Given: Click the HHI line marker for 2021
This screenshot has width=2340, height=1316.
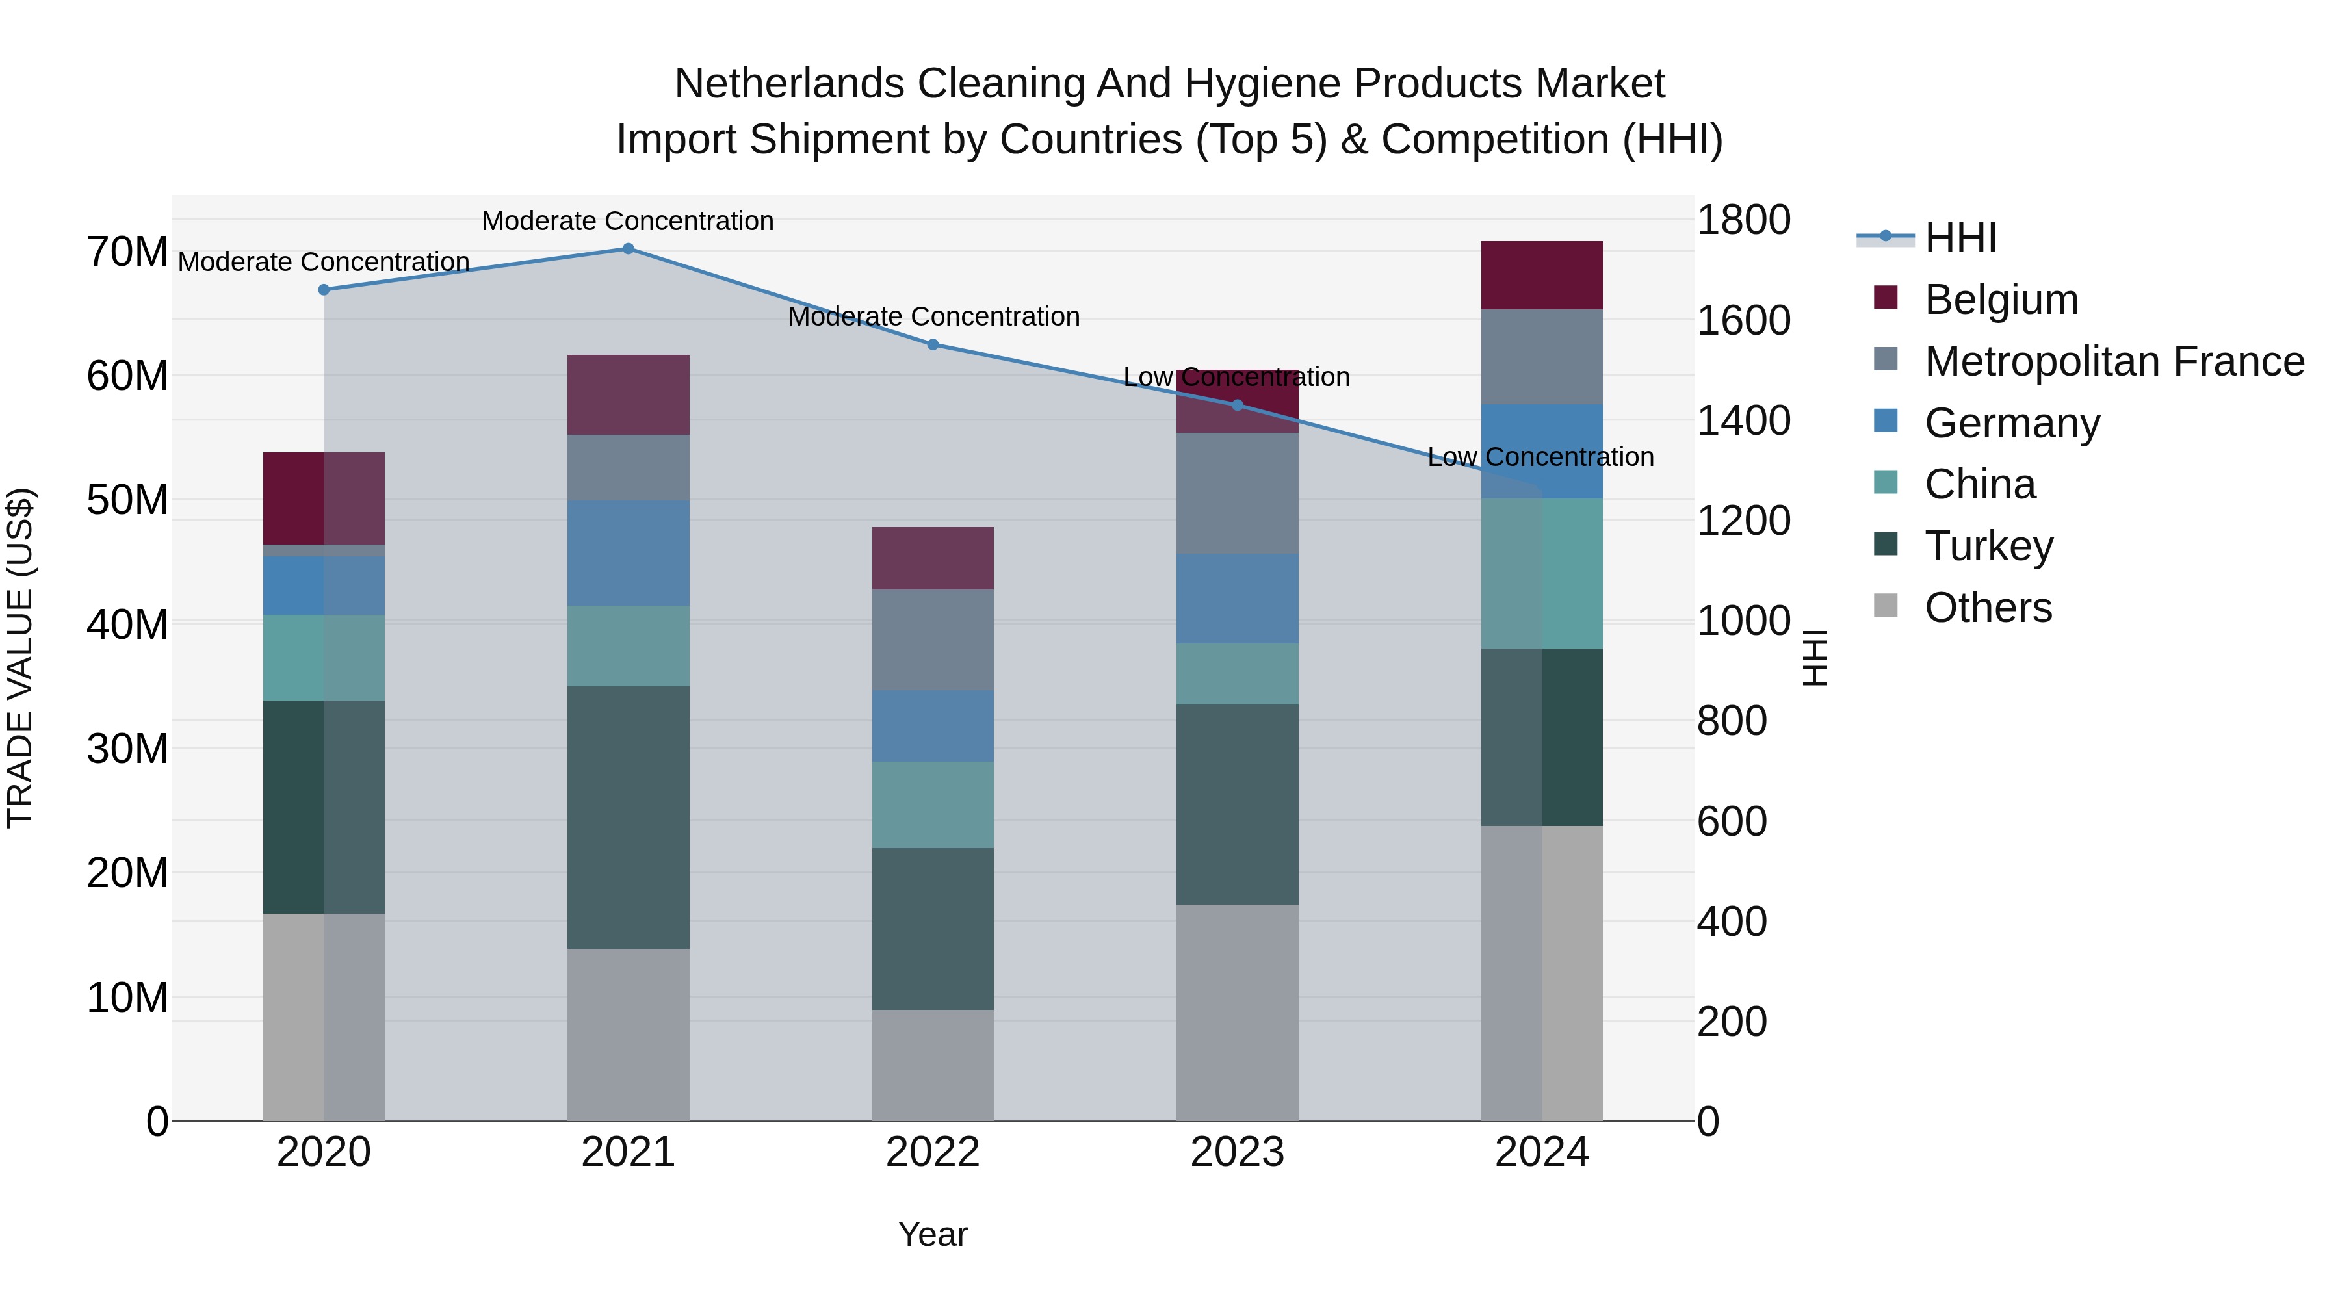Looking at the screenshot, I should [628, 249].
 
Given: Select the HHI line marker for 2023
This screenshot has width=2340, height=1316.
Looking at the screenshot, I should [1237, 405].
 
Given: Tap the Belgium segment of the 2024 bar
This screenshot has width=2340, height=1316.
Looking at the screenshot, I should [1542, 275].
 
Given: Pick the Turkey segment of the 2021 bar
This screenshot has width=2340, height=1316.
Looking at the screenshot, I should [628, 818].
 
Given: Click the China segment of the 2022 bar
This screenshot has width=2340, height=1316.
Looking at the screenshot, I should [933, 805].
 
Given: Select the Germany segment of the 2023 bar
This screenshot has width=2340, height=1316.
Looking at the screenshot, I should [1237, 599].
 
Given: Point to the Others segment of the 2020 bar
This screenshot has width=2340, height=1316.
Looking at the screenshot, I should [324, 1017].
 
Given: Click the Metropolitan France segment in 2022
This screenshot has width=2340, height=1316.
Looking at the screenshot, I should [933, 639].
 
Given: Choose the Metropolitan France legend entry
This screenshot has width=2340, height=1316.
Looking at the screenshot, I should [2114, 361].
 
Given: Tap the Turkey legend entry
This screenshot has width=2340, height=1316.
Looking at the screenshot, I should [1988, 546].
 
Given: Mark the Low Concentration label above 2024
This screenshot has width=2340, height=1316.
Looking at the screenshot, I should [1540, 457].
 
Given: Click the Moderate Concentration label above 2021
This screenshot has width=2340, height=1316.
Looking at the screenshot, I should [628, 221].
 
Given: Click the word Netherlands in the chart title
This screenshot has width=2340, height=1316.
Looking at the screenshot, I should [789, 84].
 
